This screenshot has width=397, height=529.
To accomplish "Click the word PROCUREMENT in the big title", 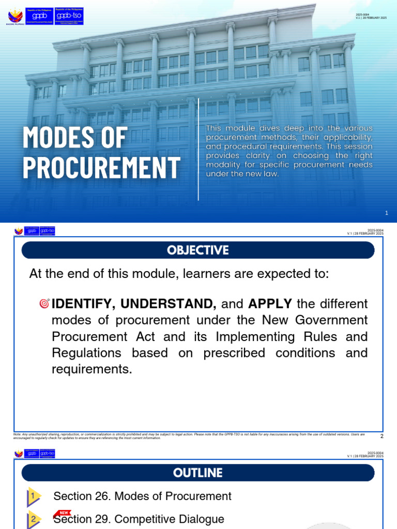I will [x=101, y=167].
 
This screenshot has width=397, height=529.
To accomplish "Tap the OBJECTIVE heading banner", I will [x=197, y=250].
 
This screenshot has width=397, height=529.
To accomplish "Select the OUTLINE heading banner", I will [x=197, y=473].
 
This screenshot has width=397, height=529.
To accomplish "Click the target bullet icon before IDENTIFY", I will [x=44, y=304].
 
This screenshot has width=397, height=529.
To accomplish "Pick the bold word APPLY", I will [x=270, y=304].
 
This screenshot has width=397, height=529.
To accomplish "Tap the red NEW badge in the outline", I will [x=64, y=513].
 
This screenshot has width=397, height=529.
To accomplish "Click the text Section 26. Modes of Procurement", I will [x=142, y=496].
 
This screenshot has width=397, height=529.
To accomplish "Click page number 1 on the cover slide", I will [x=386, y=213].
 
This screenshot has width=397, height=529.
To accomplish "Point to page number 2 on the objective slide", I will [x=381, y=436].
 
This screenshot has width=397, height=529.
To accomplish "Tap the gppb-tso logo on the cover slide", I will [x=68, y=15].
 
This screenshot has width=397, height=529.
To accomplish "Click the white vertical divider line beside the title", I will [x=198, y=155].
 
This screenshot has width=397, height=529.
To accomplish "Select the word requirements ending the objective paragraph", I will [x=91, y=369].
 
